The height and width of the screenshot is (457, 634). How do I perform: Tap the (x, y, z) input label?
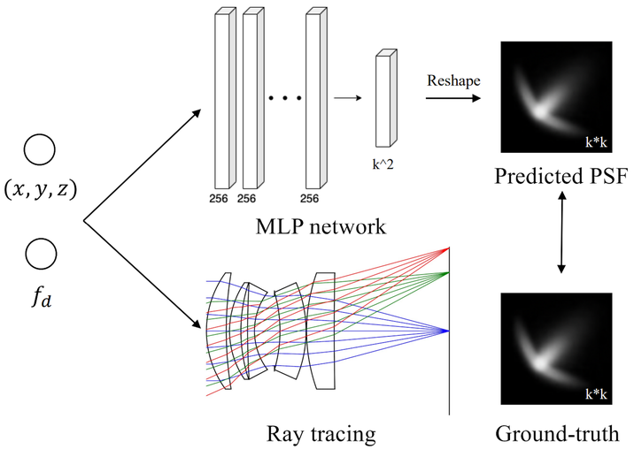41,189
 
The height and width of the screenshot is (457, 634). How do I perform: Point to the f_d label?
42,299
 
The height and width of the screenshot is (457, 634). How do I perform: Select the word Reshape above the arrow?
453,80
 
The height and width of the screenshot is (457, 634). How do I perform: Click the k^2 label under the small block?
383,164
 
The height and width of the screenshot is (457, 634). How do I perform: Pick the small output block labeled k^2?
386,98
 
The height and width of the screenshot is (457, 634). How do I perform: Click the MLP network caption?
321,226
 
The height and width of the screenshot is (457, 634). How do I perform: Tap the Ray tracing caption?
321,434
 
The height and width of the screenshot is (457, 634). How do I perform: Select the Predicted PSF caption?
561,176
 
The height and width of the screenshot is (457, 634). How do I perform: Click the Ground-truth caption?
557,434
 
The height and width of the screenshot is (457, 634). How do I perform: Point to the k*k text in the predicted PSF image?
596,141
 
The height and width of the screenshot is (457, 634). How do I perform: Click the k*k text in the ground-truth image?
596,393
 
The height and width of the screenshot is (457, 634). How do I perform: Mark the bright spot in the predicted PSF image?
540,111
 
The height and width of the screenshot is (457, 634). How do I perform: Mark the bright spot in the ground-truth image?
540,362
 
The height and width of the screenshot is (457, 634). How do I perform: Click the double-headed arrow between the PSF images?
561,232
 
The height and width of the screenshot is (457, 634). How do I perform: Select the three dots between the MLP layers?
285,98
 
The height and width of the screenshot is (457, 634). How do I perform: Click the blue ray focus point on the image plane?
448,331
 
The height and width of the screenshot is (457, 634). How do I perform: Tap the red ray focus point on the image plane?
448,248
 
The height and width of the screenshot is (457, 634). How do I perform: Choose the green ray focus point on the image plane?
448,273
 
